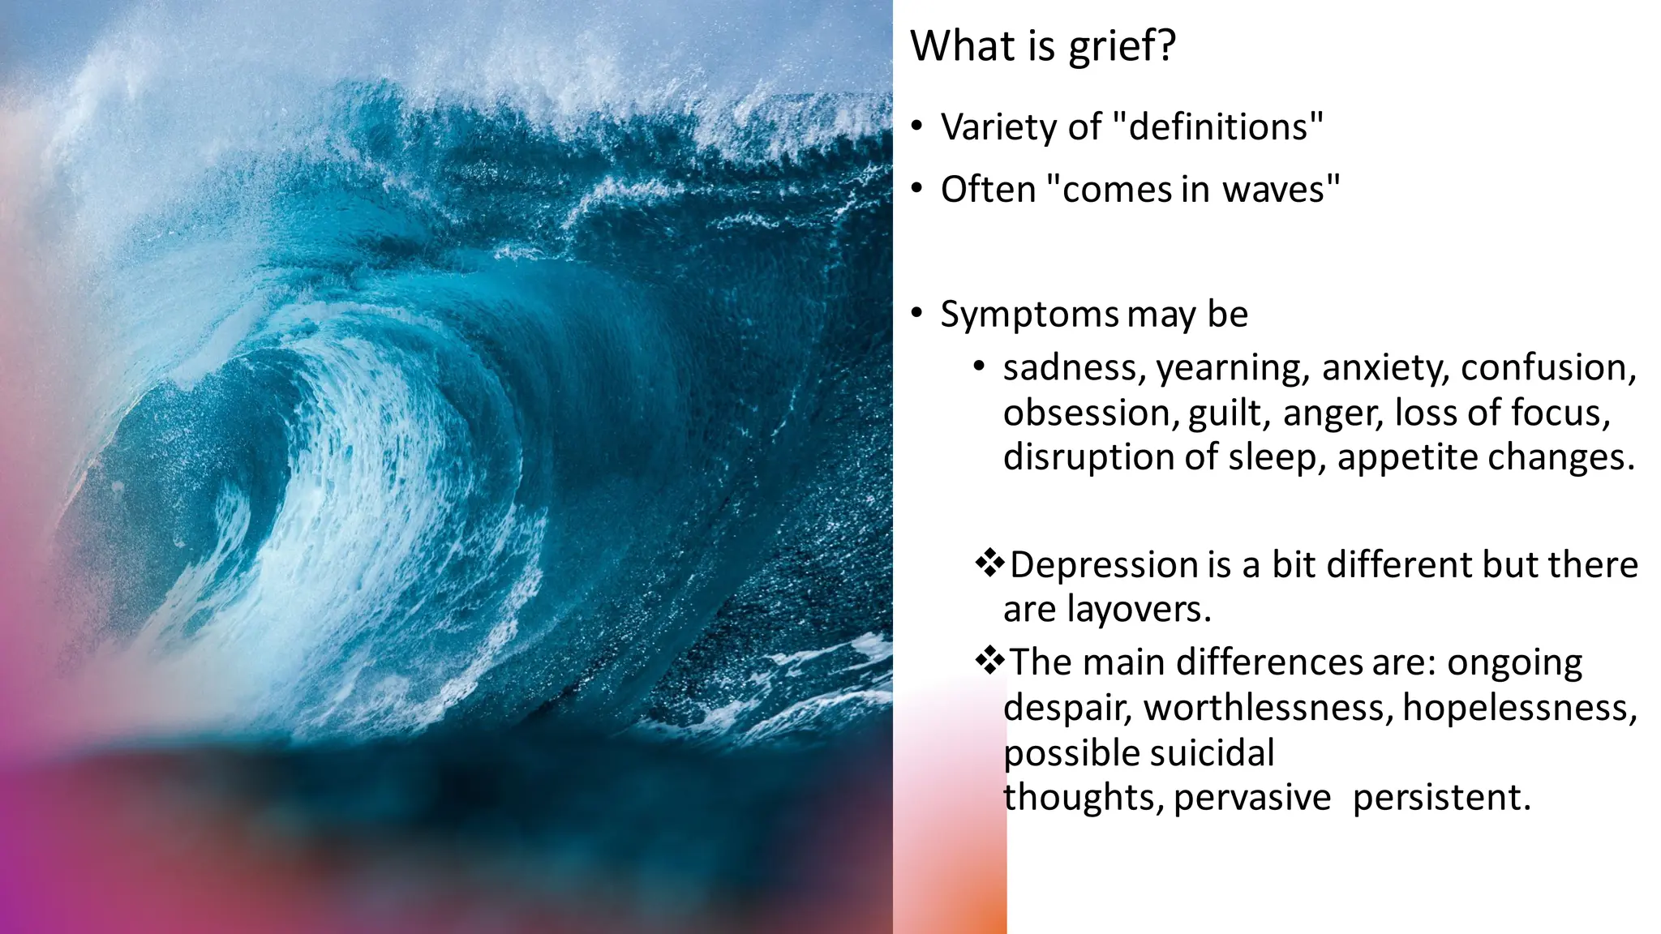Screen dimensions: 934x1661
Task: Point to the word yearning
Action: click(1232, 369)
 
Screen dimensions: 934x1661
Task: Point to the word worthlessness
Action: click(1268, 709)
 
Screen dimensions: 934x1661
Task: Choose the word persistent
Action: click(1441, 798)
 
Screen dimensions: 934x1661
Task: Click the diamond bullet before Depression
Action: click(989, 563)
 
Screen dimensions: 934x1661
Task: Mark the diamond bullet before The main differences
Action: click(989, 661)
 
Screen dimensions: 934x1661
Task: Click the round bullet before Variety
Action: click(916, 126)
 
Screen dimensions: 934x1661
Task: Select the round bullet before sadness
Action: click(980, 366)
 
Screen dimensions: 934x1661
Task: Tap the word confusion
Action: click(1548, 369)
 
